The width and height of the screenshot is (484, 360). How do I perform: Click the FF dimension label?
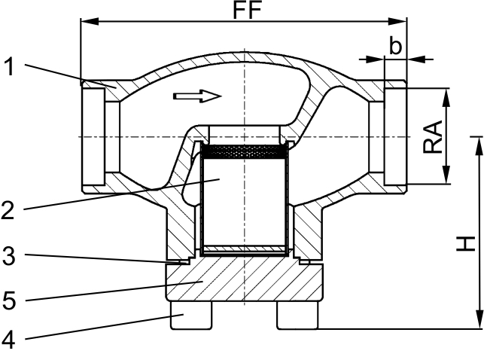pos(247,10)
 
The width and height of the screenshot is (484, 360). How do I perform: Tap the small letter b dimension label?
pos(395,45)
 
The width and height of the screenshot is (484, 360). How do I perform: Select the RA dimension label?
pos(433,137)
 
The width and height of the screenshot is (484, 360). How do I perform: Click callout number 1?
pos(10,67)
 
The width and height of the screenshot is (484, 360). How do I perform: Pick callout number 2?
pos(8,210)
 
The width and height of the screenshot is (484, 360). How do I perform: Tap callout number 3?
pos(9,256)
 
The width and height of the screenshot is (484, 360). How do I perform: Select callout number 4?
pos(8,340)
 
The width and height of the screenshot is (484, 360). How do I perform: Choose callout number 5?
pos(9,301)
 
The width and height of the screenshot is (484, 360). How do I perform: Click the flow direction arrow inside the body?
pos(197,96)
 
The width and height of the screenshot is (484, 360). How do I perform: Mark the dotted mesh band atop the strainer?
pos(244,152)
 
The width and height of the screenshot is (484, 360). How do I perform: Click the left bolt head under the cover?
pos(191,315)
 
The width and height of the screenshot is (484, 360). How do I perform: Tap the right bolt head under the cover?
pos(297,315)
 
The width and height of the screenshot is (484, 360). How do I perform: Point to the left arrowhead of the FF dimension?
pos(90,22)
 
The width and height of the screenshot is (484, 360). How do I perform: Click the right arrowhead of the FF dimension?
pos(398,22)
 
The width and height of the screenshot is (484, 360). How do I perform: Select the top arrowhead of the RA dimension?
pos(446,98)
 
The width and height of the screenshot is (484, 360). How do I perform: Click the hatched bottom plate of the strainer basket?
pos(245,249)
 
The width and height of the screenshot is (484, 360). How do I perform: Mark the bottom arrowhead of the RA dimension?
pos(446,175)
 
